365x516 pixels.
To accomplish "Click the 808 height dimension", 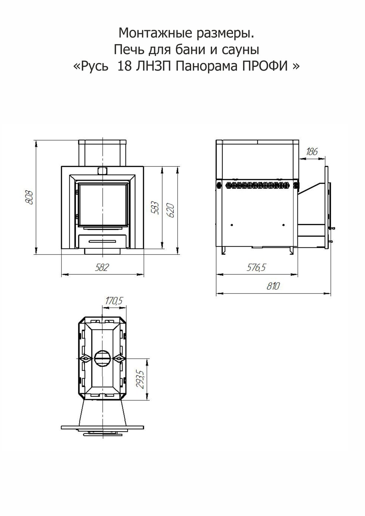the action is click(29, 197).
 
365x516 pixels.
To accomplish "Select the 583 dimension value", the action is click(155, 208).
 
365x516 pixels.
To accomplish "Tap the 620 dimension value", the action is click(171, 210).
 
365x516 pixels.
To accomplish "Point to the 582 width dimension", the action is click(102, 268).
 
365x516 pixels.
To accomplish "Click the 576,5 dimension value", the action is click(256, 268).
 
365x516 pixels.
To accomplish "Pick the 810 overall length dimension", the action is click(273, 286).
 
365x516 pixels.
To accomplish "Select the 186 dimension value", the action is click(311, 152).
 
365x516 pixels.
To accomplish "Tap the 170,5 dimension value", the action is click(114, 300).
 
